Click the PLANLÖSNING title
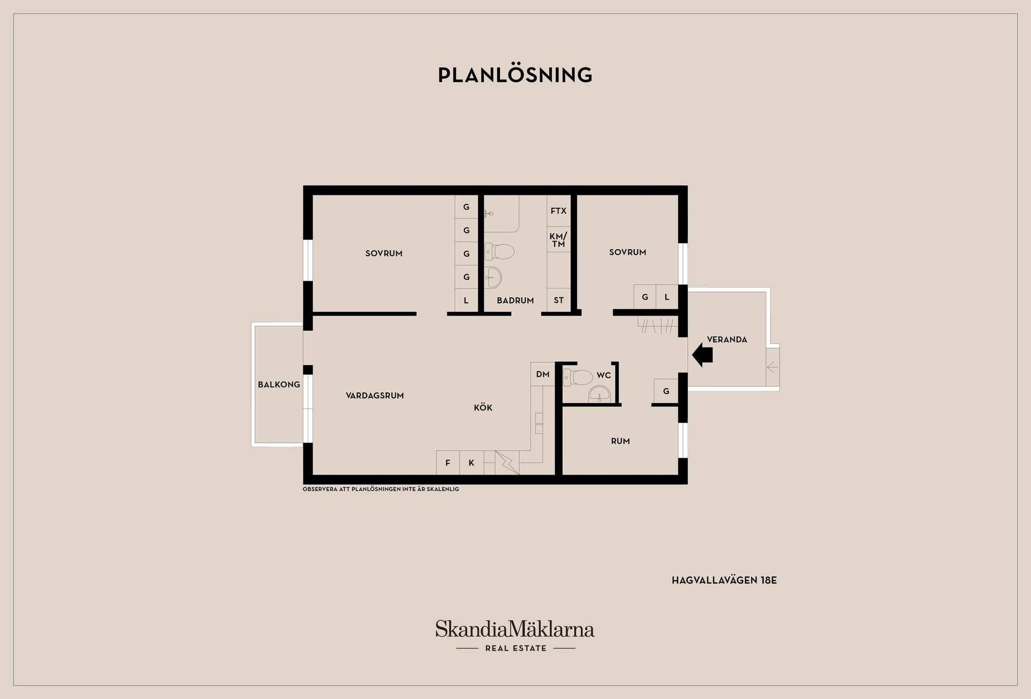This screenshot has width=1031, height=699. click(x=515, y=75)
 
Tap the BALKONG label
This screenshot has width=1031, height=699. click(x=279, y=384)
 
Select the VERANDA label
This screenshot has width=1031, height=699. click(x=727, y=339)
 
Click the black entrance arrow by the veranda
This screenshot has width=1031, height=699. click(x=702, y=355)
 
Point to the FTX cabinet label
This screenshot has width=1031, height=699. click(x=558, y=211)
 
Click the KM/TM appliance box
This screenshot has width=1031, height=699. click(x=558, y=240)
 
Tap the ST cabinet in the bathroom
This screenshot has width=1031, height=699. click(x=558, y=300)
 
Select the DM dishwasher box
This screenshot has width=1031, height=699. click(x=542, y=374)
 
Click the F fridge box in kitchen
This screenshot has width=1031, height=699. click(x=448, y=463)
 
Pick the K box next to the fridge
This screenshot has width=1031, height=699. click(x=471, y=463)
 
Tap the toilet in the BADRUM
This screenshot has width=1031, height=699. click(x=499, y=251)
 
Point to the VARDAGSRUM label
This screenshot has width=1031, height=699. click(x=375, y=396)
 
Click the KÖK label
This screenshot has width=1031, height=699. click(x=483, y=407)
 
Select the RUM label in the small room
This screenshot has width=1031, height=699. click(x=620, y=441)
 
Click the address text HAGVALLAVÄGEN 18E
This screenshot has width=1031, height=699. click(x=724, y=580)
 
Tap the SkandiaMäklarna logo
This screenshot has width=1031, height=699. click(x=515, y=629)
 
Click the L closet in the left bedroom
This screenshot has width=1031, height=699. click(x=466, y=301)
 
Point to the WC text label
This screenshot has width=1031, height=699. click(x=604, y=375)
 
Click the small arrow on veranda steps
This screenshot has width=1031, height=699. click(x=772, y=368)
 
